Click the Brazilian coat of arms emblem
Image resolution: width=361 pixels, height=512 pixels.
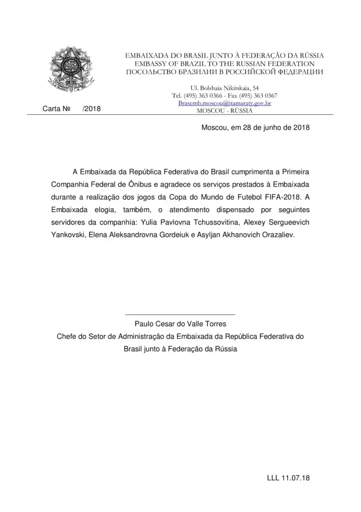71,70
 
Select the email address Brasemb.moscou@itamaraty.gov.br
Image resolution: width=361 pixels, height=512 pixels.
224,103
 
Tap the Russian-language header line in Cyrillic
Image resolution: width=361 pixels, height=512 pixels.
224,72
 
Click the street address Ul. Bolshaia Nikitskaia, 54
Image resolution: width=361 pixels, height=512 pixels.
224,88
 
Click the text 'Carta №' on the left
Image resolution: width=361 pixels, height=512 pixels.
56,109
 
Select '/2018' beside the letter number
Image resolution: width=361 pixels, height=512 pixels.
91,109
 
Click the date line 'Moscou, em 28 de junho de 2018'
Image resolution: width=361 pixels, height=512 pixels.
255,127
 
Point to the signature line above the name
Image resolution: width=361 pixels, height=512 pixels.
180,314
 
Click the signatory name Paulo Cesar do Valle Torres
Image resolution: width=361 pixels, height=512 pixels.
180,324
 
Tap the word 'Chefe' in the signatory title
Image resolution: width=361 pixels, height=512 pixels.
66,336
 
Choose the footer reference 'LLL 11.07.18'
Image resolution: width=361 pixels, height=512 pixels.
288,478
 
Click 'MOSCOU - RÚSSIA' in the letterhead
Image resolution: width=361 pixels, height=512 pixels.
224,110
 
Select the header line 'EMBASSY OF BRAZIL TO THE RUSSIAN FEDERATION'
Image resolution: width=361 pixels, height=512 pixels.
224,64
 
